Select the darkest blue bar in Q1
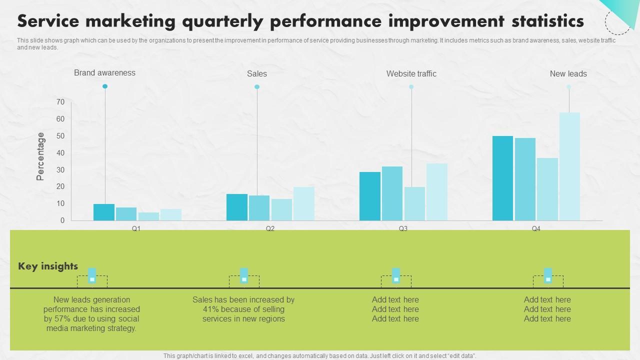point(104,212)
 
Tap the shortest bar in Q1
point(148,216)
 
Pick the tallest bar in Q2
point(303,204)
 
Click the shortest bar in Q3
point(414,204)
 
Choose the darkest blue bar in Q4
point(502,178)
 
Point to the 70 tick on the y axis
point(60,102)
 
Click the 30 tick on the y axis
point(60,170)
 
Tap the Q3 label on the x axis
point(403,228)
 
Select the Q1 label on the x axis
point(136,228)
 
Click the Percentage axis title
point(40,156)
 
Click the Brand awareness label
point(104,73)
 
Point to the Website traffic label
point(411,74)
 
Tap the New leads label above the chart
point(568,74)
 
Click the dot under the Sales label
point(257,87)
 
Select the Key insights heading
point(48,266)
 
